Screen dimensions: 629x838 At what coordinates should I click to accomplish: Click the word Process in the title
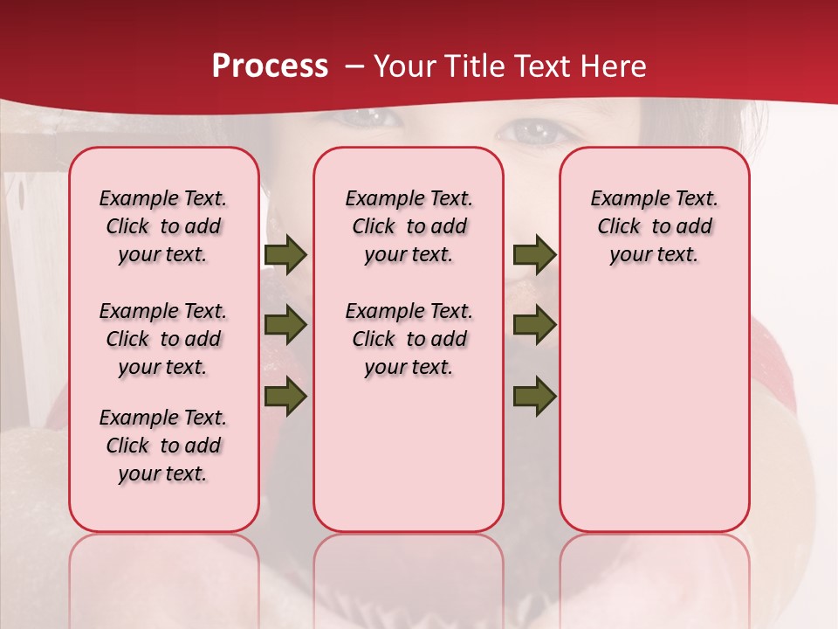(x=270, y=66)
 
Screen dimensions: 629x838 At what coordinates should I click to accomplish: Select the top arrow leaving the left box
(x=285, y=255)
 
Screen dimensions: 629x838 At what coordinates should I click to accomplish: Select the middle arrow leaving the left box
(x=285, y=325)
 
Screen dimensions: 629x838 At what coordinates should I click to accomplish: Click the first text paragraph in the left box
(x=163, y=226)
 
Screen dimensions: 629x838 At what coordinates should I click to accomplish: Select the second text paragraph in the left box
(x=163, y=339)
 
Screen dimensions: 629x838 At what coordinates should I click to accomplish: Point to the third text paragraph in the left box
(x=163, y=446)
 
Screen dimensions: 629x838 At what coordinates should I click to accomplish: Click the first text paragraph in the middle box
(x=409, y=226)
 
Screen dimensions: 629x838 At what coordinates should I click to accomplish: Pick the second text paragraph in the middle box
(x=409, y=339)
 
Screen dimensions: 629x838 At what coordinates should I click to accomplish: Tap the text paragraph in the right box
(x=654, y=226)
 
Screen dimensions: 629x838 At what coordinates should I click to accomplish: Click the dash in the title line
(x=354, y=67)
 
